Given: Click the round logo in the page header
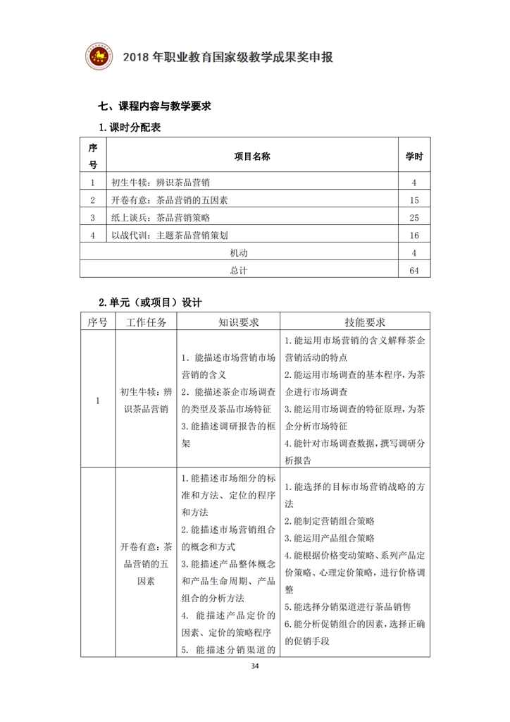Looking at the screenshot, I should pyautogui.click(x=99, y=56).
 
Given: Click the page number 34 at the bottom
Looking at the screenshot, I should pyautogui.click(x=254, y=666).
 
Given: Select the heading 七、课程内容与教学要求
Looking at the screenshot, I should pyautogui.click(x=155, y=107).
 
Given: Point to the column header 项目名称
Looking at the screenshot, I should pyautogui.click(x=251, y=156).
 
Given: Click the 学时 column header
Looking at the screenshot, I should pyautogui.click(x=414, y=156).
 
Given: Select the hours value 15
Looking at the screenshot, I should pyautogui.click(x=414, y=200).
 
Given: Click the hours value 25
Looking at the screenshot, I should pyautogui.click(x=414, y=218).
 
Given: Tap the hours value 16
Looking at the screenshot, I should pyautogui.click(x=414, y=235).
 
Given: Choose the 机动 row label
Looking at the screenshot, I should pyautogui.click(x=239, y=252).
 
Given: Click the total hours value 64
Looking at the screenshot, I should pyautogui.click(x=414, y=270).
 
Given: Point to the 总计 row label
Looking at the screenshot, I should pyautogui.click(x=239, y=270).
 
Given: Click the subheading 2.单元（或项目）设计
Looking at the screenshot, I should pyautogui.click(x=150, y=302).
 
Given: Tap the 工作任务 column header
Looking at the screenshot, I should pyautogui.click(x=147, y=322).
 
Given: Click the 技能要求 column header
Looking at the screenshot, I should pyautogui.click(x=355, y=322).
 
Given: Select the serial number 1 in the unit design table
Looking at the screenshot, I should pyautogui.click(x=97, y=400).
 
